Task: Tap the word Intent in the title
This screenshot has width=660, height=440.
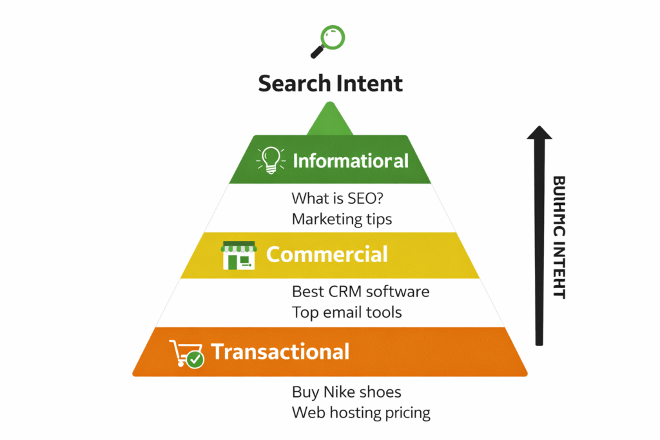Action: coord(369,83)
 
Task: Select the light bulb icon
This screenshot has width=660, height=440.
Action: coord(271,160)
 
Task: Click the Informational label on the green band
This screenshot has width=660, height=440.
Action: coord(351,160)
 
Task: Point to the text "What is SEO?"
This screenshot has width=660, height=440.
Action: coord(335,198)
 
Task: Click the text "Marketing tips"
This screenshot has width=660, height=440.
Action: coord(342,219)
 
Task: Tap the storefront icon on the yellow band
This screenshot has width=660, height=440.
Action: coord(238,255)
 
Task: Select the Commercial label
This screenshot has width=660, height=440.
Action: coord(327,254)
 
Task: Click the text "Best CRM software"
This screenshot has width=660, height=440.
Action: coord(360,291)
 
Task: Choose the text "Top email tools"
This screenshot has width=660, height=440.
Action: coord(347,312)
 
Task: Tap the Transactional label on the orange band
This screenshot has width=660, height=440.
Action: coord(280,352)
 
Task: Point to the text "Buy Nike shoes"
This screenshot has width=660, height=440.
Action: coord(346,392)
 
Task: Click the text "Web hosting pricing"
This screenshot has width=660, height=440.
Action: coord(361,412)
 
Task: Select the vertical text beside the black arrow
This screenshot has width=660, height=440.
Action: coord(559,237)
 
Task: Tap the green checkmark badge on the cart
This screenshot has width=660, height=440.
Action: coord(196,359)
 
